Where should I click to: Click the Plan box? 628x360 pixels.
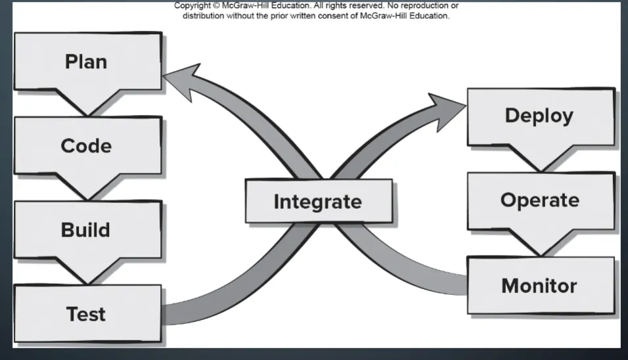(87, 62)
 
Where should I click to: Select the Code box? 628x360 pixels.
(87, 145)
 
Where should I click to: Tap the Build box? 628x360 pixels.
(85, 230)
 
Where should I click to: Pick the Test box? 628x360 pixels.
(86, 313)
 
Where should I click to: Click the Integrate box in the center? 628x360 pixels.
(318, 201)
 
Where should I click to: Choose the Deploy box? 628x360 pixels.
(539, 116)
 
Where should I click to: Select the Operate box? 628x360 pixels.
(540, 200)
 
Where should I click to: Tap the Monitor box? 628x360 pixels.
(539, 286)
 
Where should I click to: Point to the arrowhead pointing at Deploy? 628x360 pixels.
(447, 103)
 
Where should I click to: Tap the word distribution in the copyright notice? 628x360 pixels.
(203, 16)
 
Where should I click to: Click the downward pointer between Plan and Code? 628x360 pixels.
(86, 104)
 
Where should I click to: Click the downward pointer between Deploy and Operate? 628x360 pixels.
(540, 160)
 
